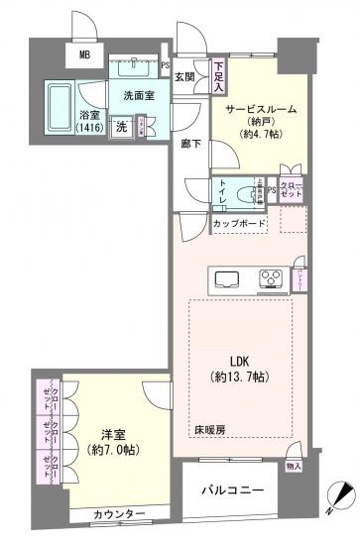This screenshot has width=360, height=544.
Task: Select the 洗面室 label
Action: tap(140, 96)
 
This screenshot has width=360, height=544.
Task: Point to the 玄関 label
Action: tap(185, 75)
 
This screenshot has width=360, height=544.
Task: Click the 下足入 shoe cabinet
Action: tap(218, 77)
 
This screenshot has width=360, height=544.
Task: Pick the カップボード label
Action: tap(238, 224)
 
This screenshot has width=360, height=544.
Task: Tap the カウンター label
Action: tap(119, 513)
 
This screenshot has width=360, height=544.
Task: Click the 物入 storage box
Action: tap(294, 465)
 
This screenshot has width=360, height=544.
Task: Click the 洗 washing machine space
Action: tap(119, 126)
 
